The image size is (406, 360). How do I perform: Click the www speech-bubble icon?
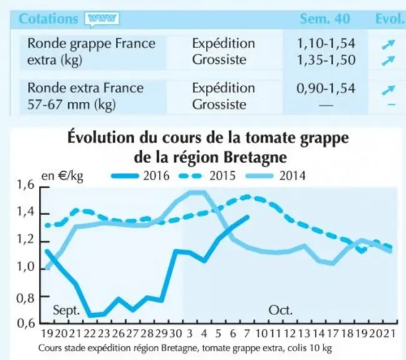click(x=102, y=19)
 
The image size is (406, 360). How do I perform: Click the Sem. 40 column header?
click(x=325, y=19)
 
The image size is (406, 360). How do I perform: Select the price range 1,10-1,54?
click(x=326, y=43)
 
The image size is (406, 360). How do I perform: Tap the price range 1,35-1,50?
click(x=326, y=60)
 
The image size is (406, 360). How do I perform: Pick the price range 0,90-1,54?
click(x=326, y=88)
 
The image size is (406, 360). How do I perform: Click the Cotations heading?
click(x=48, y=19)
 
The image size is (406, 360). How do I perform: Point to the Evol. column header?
click(x=390, y=19)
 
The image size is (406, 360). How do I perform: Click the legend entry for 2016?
click(x=140, y=176)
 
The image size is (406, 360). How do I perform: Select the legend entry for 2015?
click(x=207, y=176)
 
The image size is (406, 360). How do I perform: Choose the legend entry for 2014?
click(x=275, y=176)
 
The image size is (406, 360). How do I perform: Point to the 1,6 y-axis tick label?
click(x=26, y=185)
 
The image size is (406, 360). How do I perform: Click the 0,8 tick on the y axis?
click(x=26, y=298)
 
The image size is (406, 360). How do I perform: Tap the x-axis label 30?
click(x=176, y=333)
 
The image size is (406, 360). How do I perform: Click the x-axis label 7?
click(x=247, y=333)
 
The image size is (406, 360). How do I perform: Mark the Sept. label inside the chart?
click(x=66, y=310)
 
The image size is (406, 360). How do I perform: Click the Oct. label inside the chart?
click(x=280, y=310)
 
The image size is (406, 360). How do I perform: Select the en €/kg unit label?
click(x=63, y=176)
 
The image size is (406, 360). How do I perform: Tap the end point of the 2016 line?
click(x=248, y=217)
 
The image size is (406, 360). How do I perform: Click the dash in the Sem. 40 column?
click(x=326, y=105)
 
